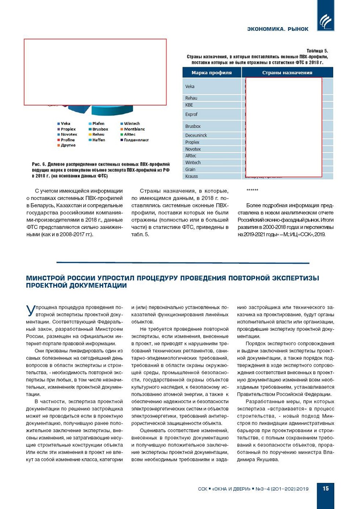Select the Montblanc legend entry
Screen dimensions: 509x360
(x=134, y=129)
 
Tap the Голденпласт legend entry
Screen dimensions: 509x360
(x=136, y=140)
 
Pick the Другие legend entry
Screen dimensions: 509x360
(x=68, y=145)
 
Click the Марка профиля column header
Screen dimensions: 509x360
(x=212, y=73)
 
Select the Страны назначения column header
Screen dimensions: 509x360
(x=287, y=73)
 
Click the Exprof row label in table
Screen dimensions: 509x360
(x=191, y=114)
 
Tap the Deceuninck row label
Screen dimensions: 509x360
(x=196, y=135)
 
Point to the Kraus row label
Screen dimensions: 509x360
(x=191, y=176)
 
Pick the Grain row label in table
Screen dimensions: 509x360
(x=190, y=169)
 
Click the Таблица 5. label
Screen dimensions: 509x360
(x=317, y=51)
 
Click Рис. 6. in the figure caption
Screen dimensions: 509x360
(x=39, y=164)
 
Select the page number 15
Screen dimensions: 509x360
(x=325, y=488)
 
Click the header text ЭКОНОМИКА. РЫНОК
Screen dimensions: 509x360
(x=278, y=29)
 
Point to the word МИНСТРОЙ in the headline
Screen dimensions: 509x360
(x=45, y=278)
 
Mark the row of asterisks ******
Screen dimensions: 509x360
(x=252, y=190)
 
